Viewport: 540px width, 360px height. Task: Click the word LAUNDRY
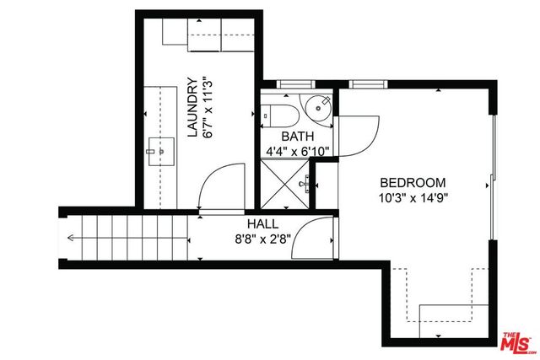click(192, 108)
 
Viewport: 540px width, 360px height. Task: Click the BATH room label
click(297, 137)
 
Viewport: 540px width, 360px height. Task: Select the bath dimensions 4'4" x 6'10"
click(297, 151)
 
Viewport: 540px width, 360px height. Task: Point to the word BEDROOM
click(413, 183)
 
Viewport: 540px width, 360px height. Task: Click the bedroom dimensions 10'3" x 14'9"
click(413, 198)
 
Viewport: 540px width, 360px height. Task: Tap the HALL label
click(262, 225)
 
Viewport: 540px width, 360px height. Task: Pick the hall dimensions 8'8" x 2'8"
click(262, 239)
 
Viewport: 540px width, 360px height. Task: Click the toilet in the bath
click(276, 112)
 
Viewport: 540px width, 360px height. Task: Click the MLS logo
click(517, 341)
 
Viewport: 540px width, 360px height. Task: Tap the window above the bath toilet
click(294, 84)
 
